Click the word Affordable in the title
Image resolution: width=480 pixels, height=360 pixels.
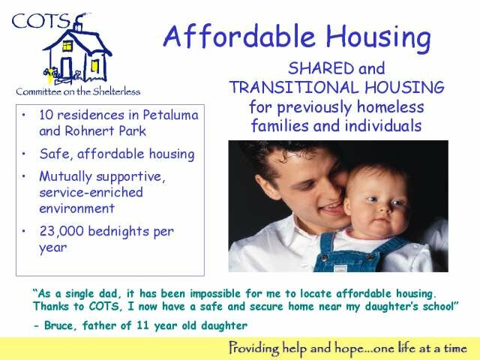pyautogui.click(x=240, y=36)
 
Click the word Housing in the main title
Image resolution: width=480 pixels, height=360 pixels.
pyautogui.click(x=378, y=37)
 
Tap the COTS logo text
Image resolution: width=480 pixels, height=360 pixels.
pyautogui.click(x=40, y=21)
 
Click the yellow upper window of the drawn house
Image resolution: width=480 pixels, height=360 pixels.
pyautogui.click(x=67, y=46)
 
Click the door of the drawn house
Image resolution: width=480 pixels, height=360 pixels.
pyautogui.click(x=67, y=67)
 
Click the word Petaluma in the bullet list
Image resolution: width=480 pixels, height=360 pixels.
pyautogui.click(x=170, y=115)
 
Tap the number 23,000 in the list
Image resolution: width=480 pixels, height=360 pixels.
pyautogui.click(x=61, y=231)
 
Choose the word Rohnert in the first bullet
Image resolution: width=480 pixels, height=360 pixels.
pyautogui.click(x=89, y=131)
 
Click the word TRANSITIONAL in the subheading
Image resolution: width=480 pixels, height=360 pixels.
pyautogui.click(x=293, y=87)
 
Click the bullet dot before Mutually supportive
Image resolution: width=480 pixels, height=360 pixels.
pyautogui.click(x=23, y=176)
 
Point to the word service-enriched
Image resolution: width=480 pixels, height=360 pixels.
pyautogui.click(x=91, y=192)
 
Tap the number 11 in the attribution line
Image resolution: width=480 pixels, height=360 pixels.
pyautogui.click(x=142, y=325)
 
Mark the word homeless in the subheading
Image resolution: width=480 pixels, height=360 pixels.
pyautogui.click(x=390, y=106)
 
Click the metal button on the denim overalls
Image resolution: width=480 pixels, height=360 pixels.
pyautogui.click(x=324, y=258)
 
